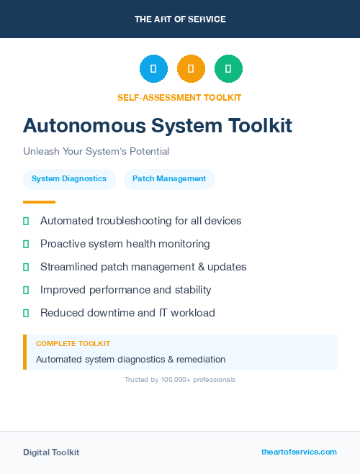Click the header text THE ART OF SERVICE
180,19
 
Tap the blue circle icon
153,69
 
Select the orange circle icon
191,69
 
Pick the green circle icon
228,69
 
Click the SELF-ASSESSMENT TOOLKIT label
179,97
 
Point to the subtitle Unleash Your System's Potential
96,152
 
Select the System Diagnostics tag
69,179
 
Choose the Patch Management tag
169,179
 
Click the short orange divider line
39,202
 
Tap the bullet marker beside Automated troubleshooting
26,221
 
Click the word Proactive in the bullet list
63,244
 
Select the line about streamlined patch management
143,267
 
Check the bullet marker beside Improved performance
26,290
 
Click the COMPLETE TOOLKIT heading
73,344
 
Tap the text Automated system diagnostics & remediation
130,359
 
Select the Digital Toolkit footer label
51,452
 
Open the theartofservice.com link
299,452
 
